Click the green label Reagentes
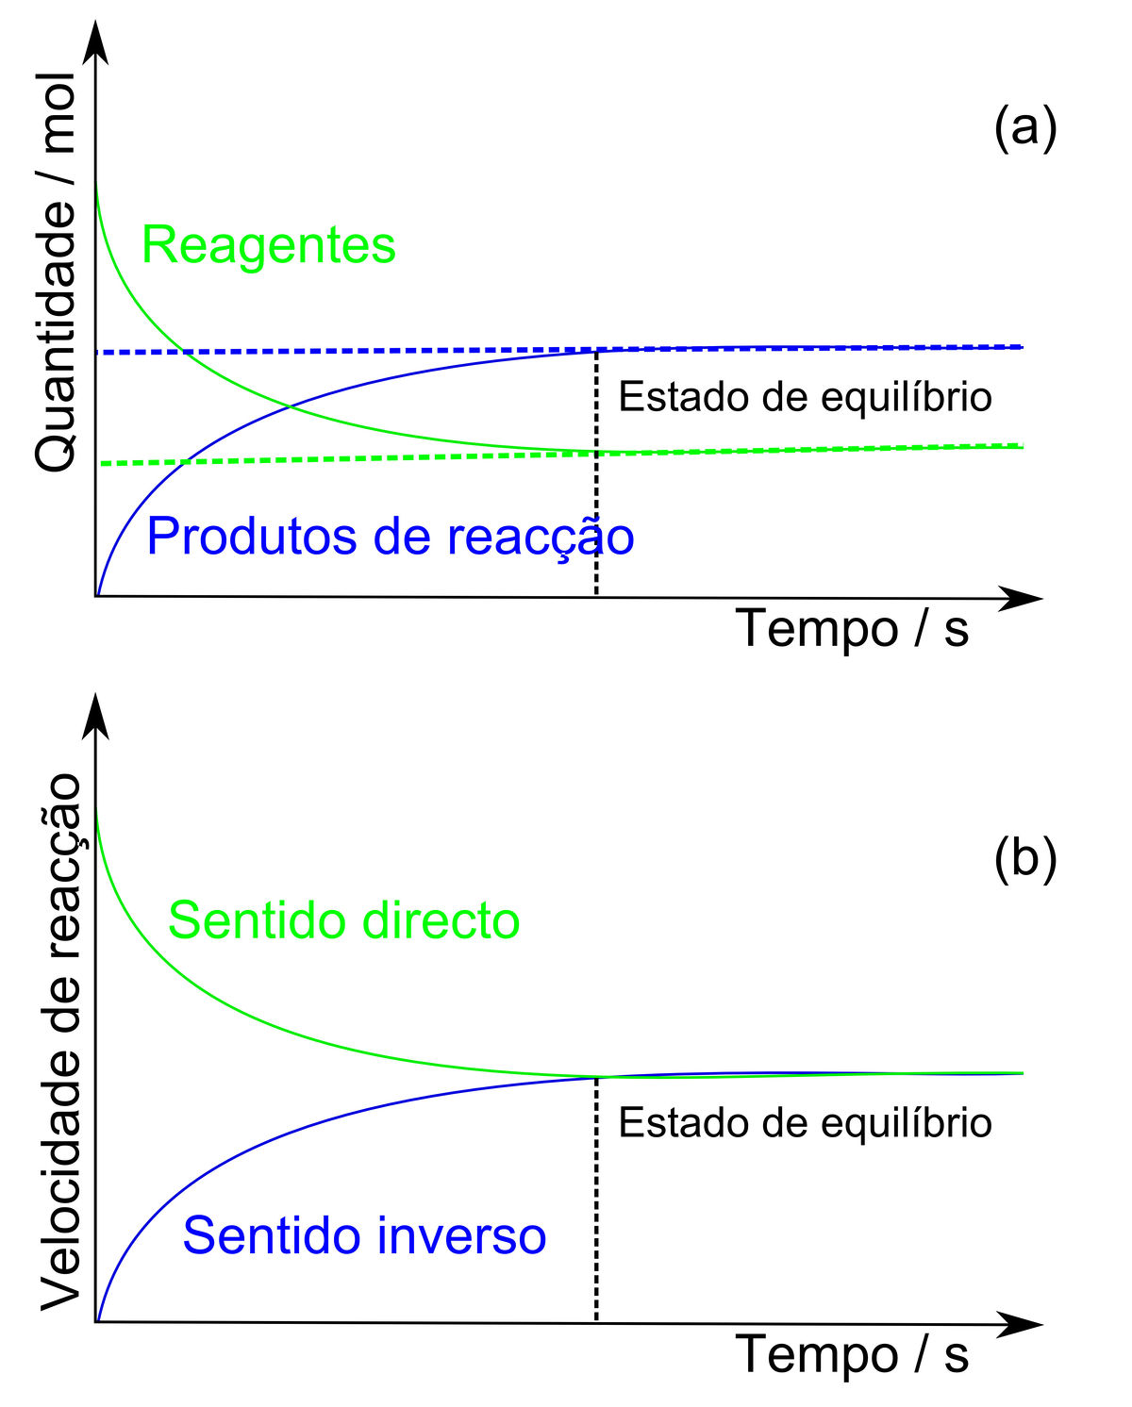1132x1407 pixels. pyautogui.click(x=269, y=245)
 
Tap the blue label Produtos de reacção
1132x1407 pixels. pyautogui.click(x=391, y=537)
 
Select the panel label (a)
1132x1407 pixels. pyautogui.click(x=1024, y=127)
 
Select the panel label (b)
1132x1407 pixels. pyautogui.click(x=1024, y=858)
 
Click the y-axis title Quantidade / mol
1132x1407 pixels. pyautogui.click(x=56, y=273)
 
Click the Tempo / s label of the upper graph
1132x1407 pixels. pyautogui.click(x=852, y=628)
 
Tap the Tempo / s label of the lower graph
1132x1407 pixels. pyautogui.click(x=852, y=1354)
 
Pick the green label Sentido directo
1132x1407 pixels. pyautogui.click(x=343, y=920)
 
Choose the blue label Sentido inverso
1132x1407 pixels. pyautogui.click(x=364, y=1235)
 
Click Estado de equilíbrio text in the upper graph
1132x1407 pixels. pyautogui.click(x=805, y=397)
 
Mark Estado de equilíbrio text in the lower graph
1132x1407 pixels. pyautogui.click(x=805, y=1123)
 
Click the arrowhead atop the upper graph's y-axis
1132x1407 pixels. pyautogui.click(x=95, y=42)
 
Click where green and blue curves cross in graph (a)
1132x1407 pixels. pyautogui.click(x=290, y=406)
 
